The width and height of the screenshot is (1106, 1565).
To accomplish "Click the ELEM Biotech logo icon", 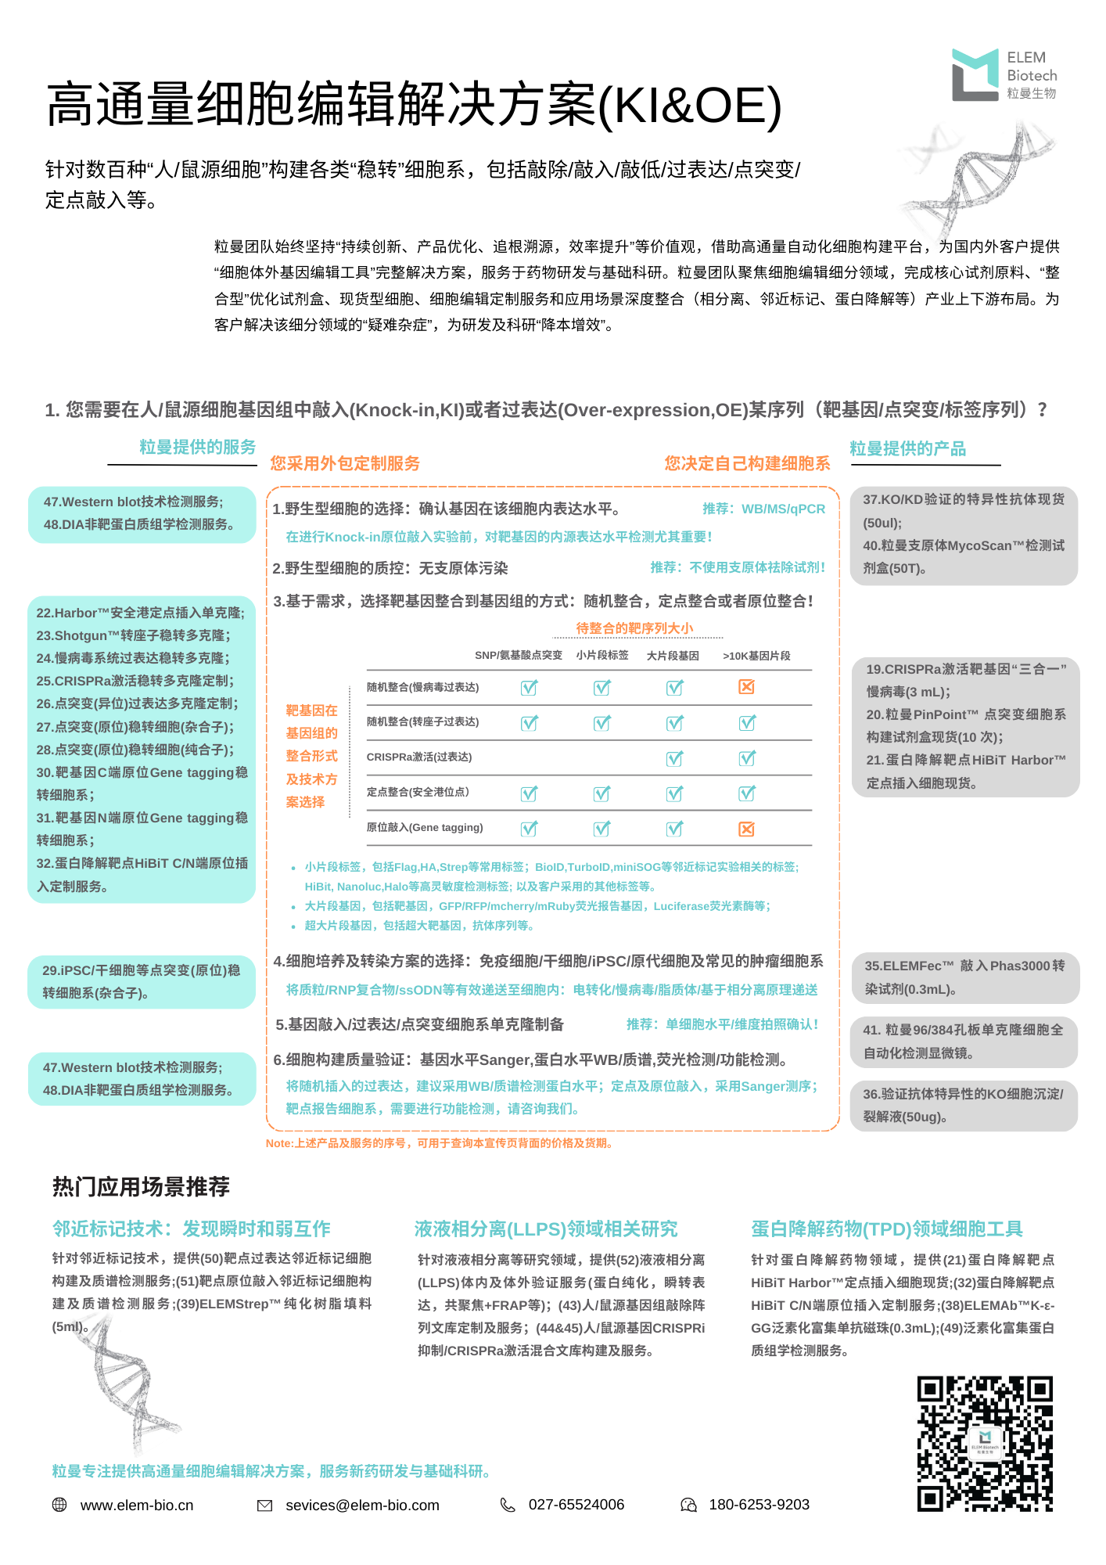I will pos(975,74).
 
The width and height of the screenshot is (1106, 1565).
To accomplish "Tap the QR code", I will pos(985,1443).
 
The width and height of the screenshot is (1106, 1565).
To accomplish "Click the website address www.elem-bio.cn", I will pos(137,1505).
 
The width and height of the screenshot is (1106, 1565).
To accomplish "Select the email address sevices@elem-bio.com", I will pos(362,1505).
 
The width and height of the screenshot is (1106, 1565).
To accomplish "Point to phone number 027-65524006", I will pos(576,1504).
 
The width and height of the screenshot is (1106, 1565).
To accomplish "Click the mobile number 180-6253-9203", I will pos(759,1504).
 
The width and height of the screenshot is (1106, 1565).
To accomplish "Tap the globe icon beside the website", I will pos(59,1504).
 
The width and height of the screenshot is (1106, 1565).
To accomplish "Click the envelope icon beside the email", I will pos(265,1505).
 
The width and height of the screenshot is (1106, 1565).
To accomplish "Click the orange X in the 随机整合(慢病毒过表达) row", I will pos(747,686).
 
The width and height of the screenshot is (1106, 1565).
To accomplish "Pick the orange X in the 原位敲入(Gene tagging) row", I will pos(747,829).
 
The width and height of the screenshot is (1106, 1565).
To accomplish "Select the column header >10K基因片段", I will pos(756,656).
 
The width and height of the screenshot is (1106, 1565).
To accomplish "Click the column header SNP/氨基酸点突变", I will pos(519,656).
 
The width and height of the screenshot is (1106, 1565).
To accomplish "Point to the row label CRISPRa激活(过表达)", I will pos(419,757).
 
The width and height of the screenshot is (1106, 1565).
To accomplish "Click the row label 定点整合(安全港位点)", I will pos(418,792).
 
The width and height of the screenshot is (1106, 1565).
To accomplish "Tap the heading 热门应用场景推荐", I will pos(141,1187).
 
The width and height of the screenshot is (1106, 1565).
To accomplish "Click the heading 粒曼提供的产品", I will pos(907,448).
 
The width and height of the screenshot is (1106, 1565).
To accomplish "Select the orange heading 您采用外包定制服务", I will pos(345,463).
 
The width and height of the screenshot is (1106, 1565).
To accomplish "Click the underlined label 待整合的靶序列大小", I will pos(634,628).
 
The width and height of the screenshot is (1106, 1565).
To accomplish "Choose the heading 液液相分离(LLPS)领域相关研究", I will pos(546,1229).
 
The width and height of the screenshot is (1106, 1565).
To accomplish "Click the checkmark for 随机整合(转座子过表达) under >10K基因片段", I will pos(747,722).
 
